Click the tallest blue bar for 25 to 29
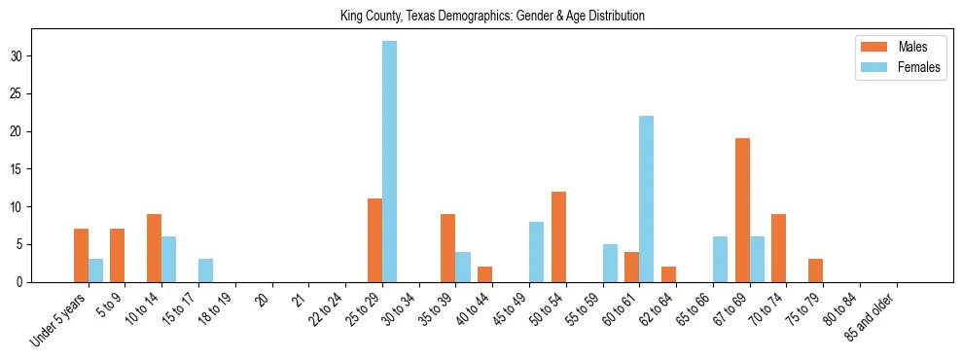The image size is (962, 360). [389, 162]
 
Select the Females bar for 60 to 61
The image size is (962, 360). [646, 198]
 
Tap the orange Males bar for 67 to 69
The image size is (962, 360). [742, 210]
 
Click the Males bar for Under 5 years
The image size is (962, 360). [81, 255]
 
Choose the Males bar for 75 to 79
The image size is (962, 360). [815, 270]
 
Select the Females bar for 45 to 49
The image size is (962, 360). [536, 252]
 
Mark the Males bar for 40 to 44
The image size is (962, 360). [484, 274]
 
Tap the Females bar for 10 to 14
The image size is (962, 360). [168, 259]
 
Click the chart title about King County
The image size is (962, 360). [492, 17]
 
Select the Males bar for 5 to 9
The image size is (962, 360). [118, 255]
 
